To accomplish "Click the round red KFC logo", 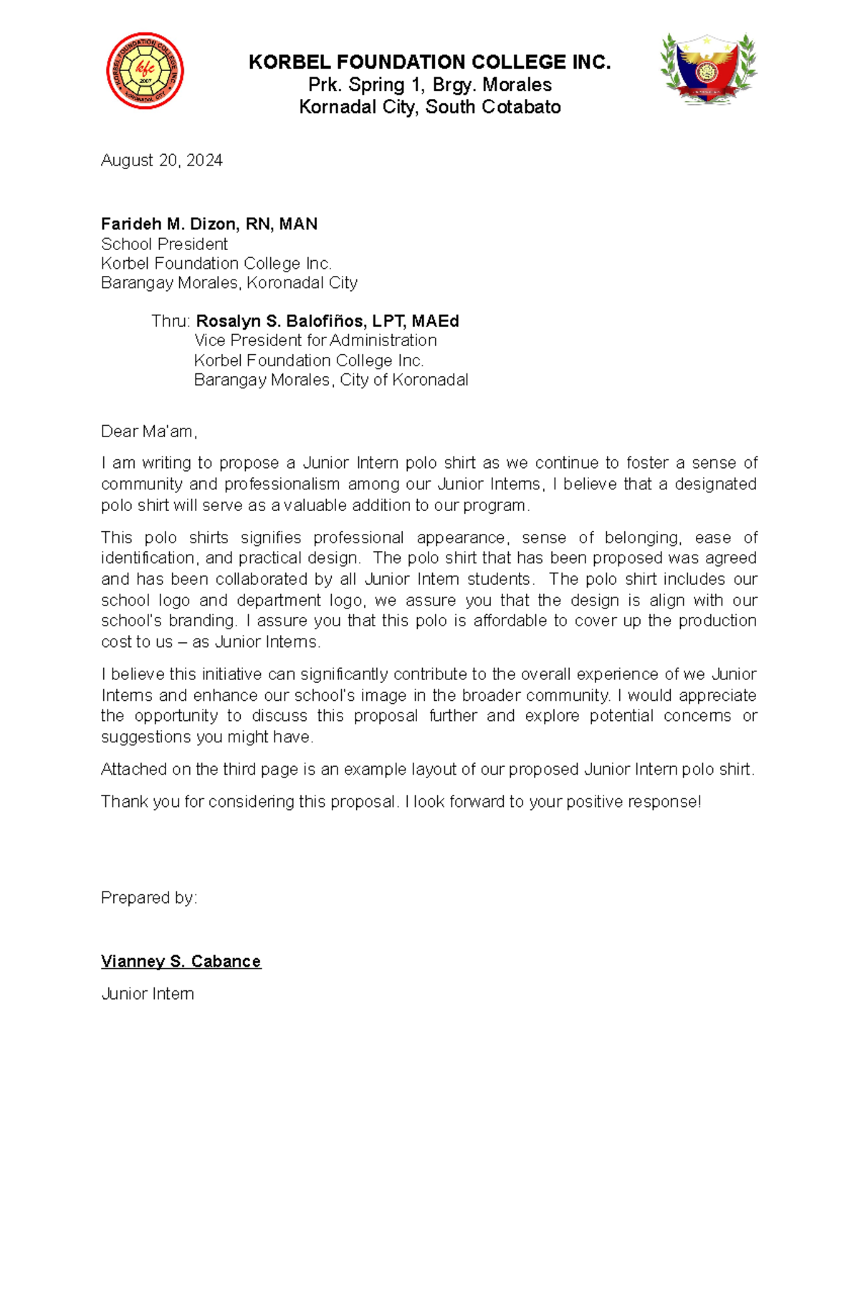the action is pyautogui.click(x=145, y=70).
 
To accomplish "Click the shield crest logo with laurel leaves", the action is pyautogui.click(x=708, y=70).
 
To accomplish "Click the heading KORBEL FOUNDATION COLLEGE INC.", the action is pyautogui.click(x=429, y=62).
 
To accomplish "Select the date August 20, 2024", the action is pyautogui.click(x=161, y=161).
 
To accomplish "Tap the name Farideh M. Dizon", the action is pyautogui.click(x=169, y=224).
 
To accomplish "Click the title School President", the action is pyautogui.click(x=164, y=244).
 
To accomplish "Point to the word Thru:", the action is pyautogui.click(x=171, y=321).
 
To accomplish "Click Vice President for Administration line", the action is pyautogui.click(x=315, y=340).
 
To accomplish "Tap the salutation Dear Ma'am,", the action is pyautogui.click(x=148, y=431).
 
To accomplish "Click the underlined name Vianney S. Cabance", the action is pyautogui.click(x=181, y=962).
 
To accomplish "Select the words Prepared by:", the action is pyautogui.click(x=148, y=898).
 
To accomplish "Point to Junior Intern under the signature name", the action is pyautogui.click(x=147, y=994).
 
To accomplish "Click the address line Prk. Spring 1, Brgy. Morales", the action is pyautogui.click(x=429, y=85).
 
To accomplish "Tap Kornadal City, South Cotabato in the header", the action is pyautogui.click(x=429, y=107).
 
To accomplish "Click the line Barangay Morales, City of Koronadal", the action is pyautogui.click(x=330, y=380).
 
